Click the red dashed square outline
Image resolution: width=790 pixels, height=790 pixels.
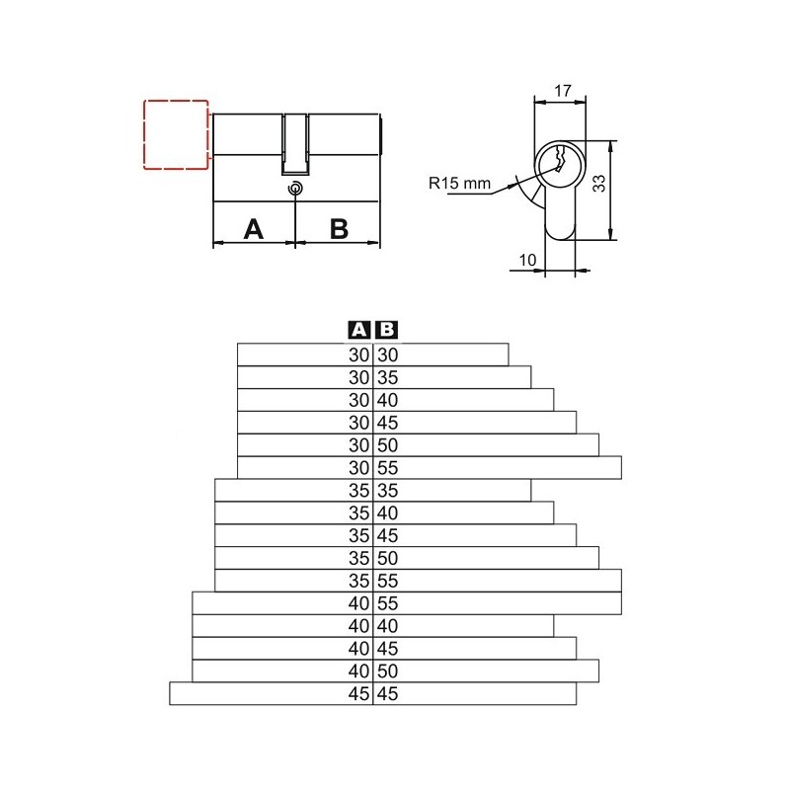(144, 134)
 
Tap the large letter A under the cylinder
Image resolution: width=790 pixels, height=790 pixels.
(254, 229)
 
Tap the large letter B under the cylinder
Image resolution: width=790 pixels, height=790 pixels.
(339, 229)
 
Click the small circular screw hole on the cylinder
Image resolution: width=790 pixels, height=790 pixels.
(295, 189)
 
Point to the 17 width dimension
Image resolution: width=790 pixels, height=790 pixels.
(563, 91)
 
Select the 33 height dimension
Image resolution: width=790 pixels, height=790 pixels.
(598, 184)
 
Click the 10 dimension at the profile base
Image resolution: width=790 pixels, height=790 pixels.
(527, 260)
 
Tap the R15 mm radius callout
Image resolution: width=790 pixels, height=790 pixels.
(459, 183)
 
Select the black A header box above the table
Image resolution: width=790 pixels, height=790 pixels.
(359, 330)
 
